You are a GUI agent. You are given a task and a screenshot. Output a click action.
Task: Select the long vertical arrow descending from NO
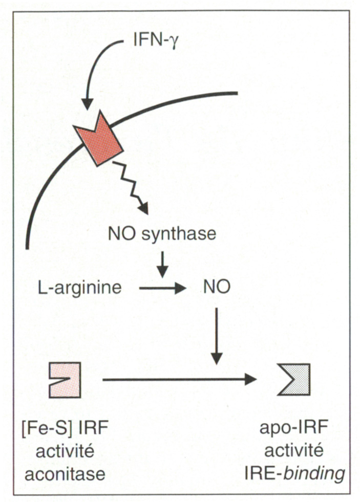[217, 336]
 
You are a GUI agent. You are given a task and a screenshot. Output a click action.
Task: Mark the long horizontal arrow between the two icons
[179, 380]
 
